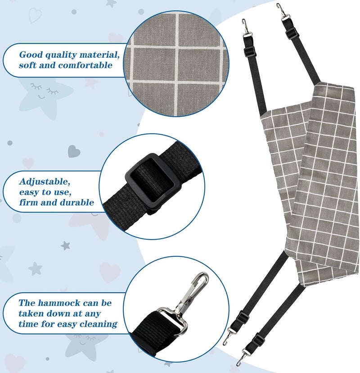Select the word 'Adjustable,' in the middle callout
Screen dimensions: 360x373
pos(45,182)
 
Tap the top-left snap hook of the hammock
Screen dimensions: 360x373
pos(246,28)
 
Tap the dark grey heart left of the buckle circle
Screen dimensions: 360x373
pos(74,151)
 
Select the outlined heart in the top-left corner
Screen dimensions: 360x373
pos(35,15)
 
